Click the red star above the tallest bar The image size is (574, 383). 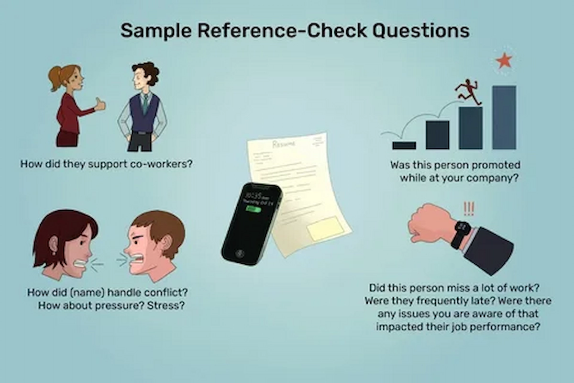[504, 61]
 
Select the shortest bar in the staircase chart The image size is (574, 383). [404, 145]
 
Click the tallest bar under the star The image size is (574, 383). [504, 117]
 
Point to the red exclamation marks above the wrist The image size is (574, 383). [469, 209]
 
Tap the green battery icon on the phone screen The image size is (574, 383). [254, 209]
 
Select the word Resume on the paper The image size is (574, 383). [284, 144]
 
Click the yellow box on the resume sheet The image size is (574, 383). [325, 228]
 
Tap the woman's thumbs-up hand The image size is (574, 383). [99, 104]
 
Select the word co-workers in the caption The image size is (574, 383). [159, 164]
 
